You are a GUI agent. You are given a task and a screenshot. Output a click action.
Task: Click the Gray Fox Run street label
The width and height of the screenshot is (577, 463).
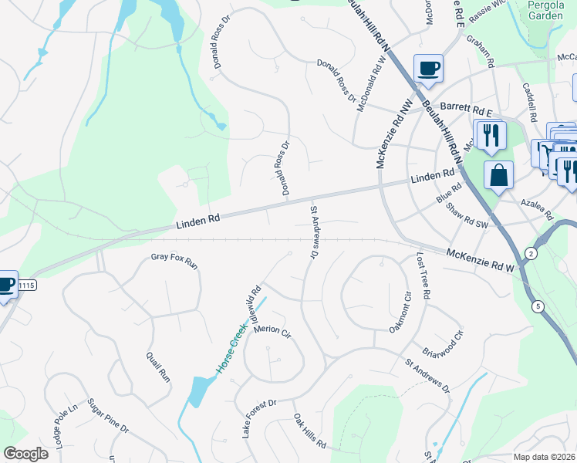174,261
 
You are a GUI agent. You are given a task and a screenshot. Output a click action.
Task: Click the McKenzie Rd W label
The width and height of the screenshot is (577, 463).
480,260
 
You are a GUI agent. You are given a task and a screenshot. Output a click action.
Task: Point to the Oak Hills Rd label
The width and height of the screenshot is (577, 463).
309,431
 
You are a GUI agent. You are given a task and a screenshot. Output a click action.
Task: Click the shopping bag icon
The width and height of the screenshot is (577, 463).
498,174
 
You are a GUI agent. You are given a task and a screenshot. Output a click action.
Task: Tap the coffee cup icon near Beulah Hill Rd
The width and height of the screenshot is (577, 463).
427,68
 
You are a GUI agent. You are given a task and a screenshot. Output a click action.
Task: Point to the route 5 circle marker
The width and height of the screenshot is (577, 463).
538,306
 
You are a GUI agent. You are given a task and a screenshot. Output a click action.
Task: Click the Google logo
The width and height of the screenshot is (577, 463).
25,454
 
